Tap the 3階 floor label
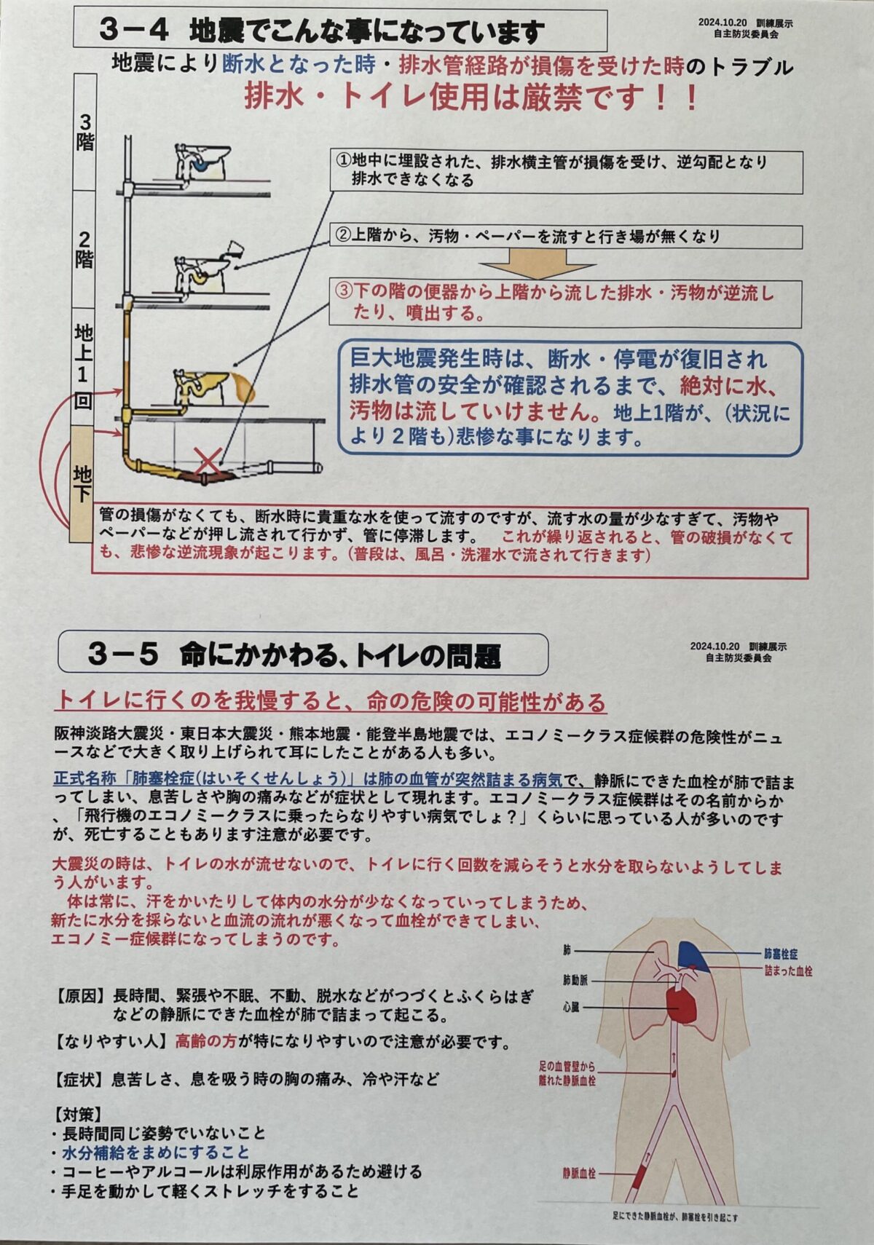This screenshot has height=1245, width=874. (84, 134)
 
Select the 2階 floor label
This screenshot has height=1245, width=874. (84, 250)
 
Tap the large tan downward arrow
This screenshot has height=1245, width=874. (538, 264)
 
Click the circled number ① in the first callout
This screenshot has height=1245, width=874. (344, 162)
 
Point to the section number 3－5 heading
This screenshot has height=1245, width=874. (123, 655)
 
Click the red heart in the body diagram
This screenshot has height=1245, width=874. (680, 1004)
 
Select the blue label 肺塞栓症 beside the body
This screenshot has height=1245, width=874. (781, 954)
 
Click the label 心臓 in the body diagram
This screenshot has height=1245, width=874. (572, 1007)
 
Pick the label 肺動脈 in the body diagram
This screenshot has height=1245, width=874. (575, 980)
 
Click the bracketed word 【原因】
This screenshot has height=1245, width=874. (80, 995)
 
